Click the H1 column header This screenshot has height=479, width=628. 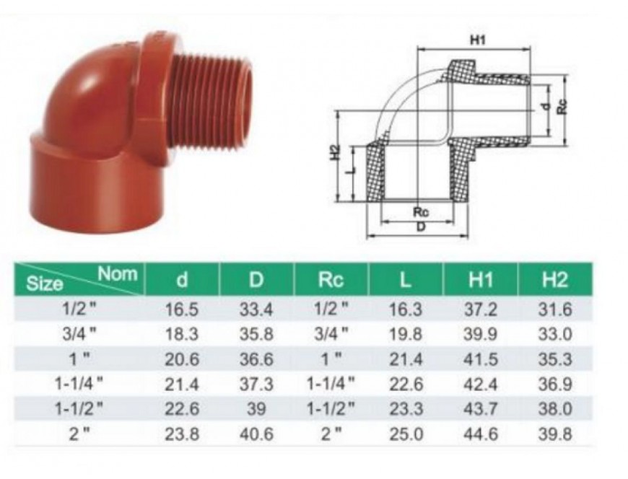tap(480, 279)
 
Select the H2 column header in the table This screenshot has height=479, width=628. tap(554, 279)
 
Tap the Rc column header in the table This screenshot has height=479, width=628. tap(331, 279)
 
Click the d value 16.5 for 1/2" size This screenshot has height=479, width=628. tap(182, 309)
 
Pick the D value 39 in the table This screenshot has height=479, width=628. tap(256, 409)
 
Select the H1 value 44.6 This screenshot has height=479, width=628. tap(480, 434)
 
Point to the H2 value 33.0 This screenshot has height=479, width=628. tap(555, 334)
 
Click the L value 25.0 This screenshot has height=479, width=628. tap(406, 434)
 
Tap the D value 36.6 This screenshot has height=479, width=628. tap(256, 359)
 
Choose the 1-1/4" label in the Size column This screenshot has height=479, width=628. tap(79, 384)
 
